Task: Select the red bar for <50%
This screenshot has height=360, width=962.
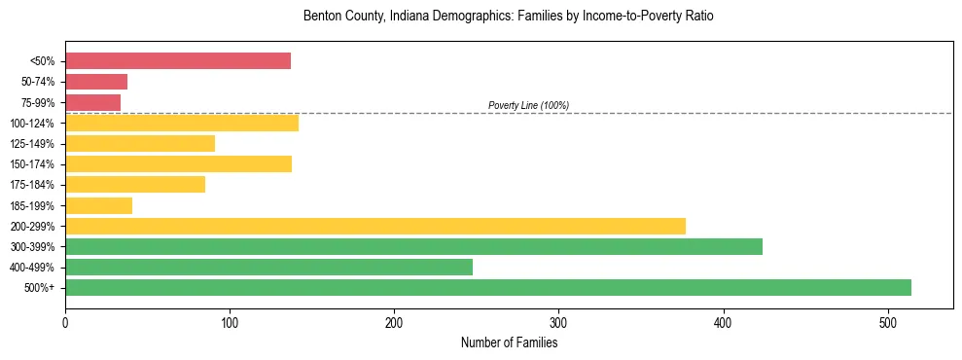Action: tap(178, 61)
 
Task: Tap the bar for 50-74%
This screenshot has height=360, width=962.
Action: tap(96, 82)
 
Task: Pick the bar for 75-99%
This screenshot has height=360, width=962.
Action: tap(93, 102)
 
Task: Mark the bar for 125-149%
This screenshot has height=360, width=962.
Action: tap(140, 143)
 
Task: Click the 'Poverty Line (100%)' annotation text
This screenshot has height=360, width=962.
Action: tap(528, 105)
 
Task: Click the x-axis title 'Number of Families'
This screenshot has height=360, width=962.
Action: tap(509, 342)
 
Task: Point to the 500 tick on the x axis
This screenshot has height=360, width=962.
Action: tap(887, 323)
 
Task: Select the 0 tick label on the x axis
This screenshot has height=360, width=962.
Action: tap(65, 323)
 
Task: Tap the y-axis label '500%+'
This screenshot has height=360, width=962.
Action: tap(41, 288)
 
